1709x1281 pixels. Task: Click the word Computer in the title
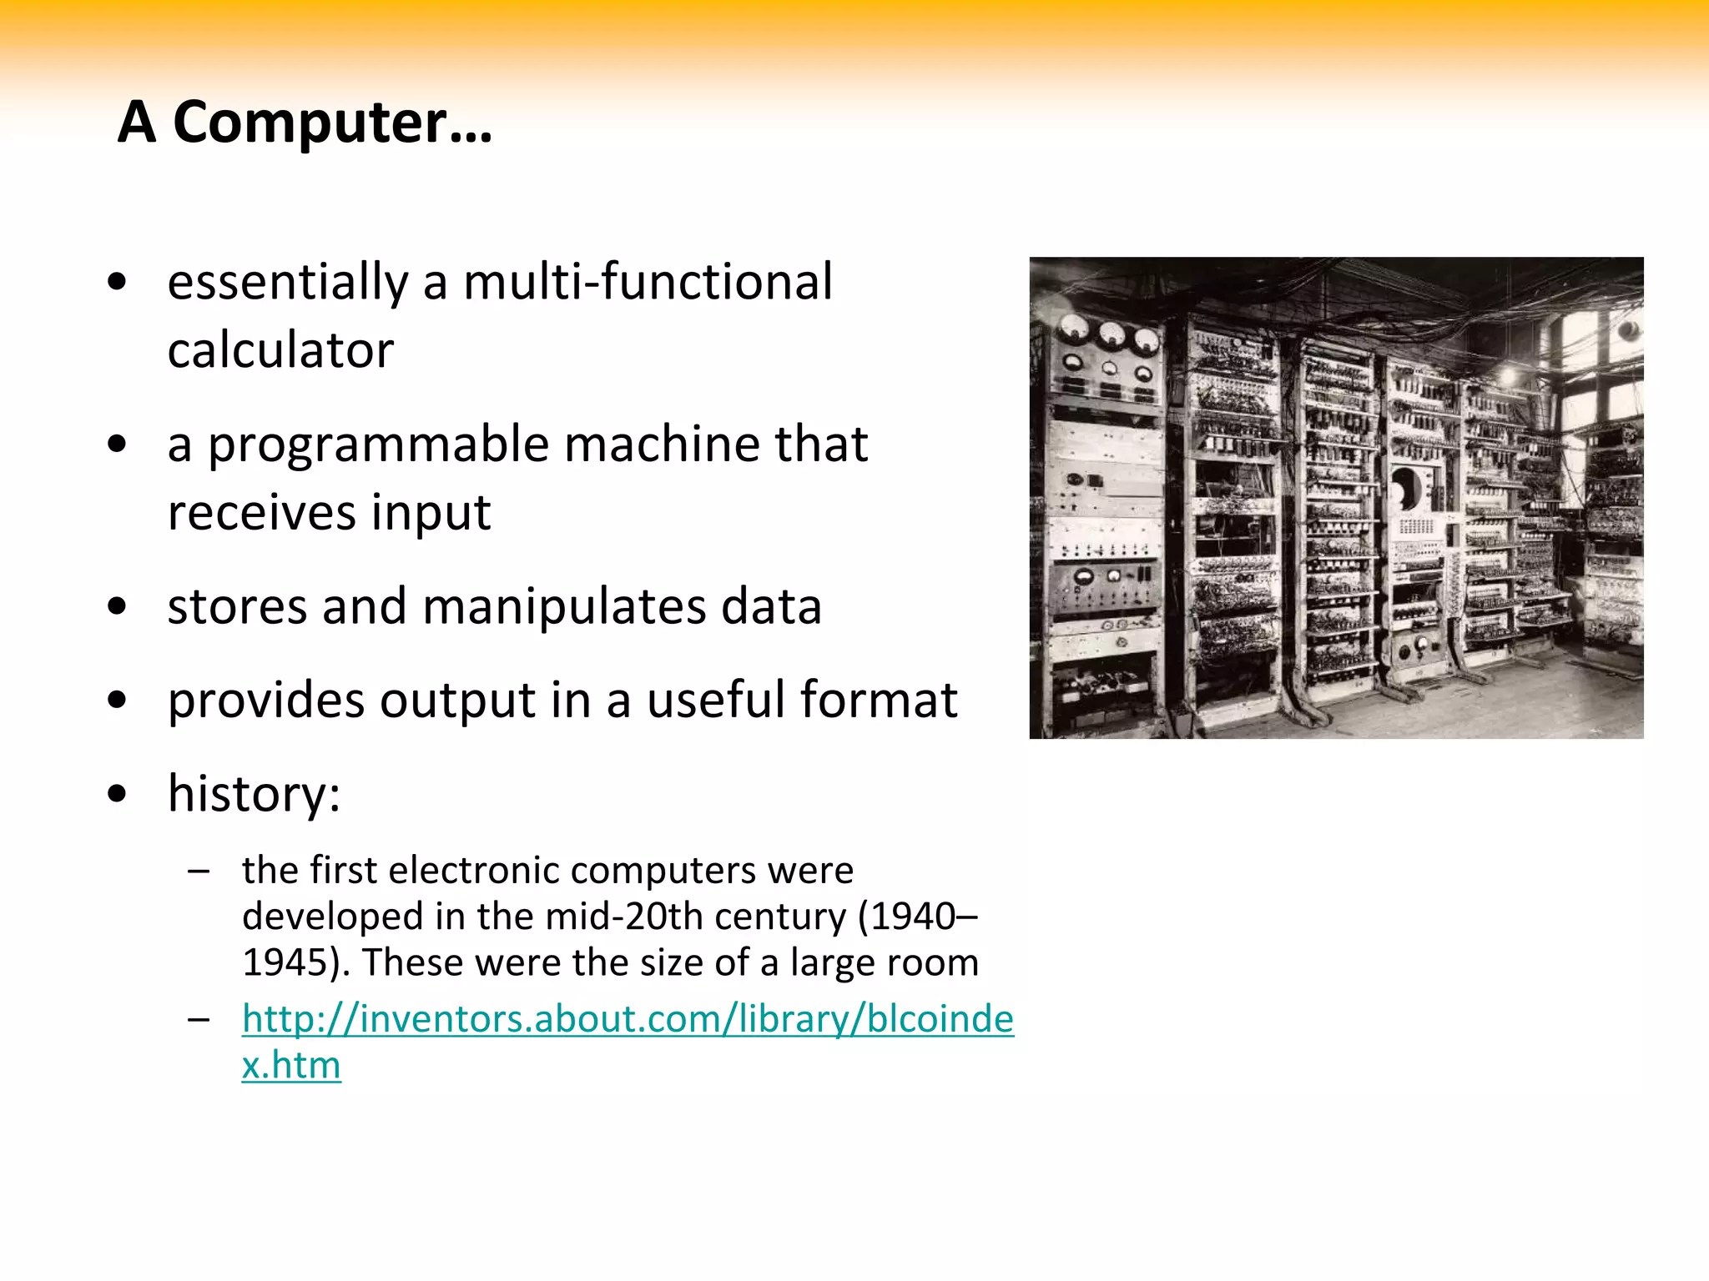(310, 123)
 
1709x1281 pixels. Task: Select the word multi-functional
(648, 282)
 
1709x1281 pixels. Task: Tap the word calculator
(280, 350)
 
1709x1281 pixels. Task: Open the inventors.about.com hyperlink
(628, 1019)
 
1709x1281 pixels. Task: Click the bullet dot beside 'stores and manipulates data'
(118, 607)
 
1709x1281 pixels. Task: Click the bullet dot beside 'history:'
(118, 795)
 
